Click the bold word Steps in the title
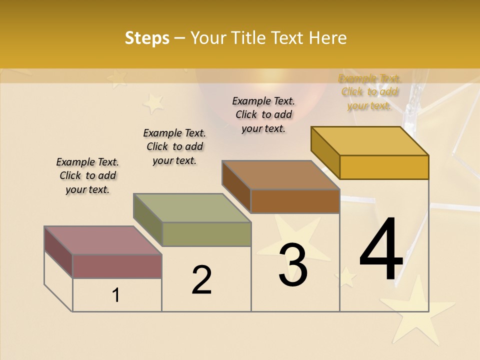(147, 38)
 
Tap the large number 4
(381, 250)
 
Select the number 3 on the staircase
(292, 265)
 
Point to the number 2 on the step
(202, 280)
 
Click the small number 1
(116, 295)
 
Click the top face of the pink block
(102, 240)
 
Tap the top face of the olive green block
(192, 208)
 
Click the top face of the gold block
(370, 141)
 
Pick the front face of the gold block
(384, 167)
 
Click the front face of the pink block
(117, 266)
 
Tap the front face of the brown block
(295, 201)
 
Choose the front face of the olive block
(206, 234)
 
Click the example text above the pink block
(87, 176)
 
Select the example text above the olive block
(174, 146)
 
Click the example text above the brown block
(263, 114)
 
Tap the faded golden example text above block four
(369, 92)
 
